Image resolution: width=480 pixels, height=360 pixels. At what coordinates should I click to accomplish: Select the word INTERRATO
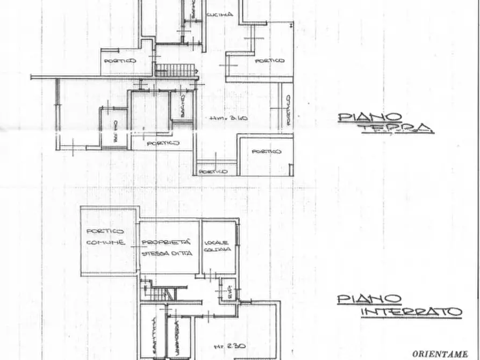coord(411,312)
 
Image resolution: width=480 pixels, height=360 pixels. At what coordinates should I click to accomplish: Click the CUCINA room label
coord(220,15)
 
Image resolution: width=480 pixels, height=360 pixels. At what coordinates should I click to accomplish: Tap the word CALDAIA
coord(218,250)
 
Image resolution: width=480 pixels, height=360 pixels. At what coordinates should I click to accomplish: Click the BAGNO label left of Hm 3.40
coord(182,105)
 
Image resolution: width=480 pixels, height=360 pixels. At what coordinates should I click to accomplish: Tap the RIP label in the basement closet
coord(228,291)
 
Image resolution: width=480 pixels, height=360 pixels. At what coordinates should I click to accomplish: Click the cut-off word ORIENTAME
coord(439,354)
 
